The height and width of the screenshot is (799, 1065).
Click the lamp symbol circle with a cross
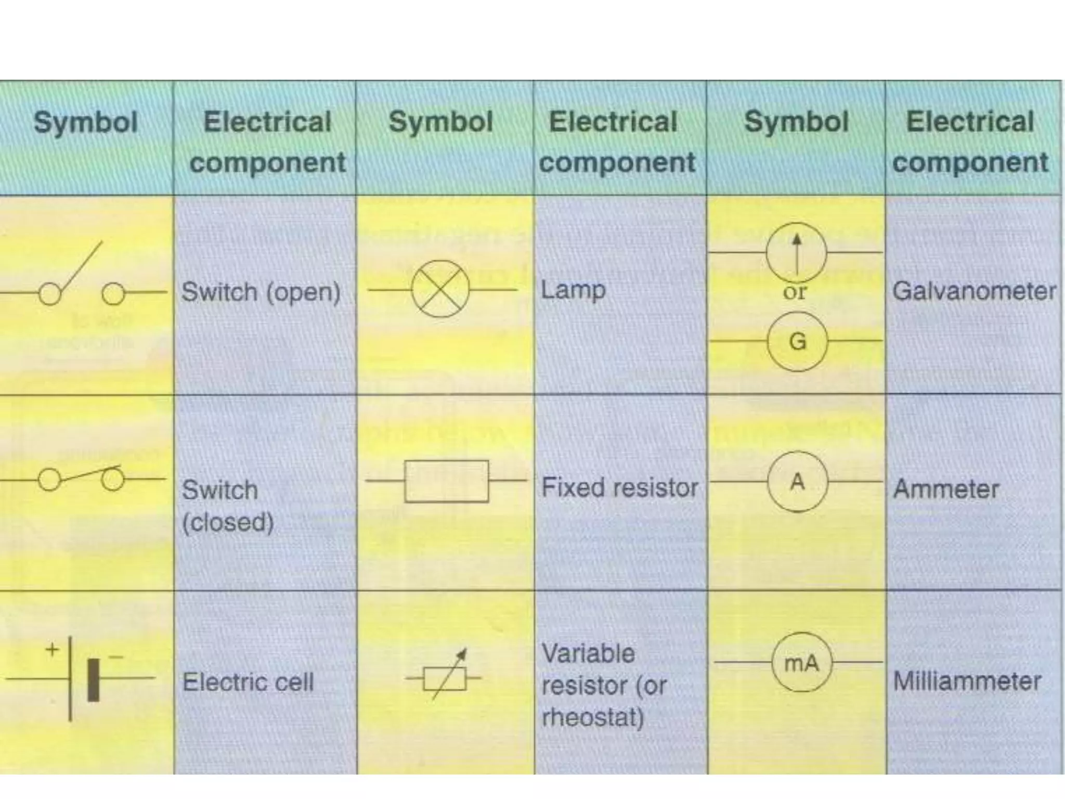pyautogui.click(x=440, y=289)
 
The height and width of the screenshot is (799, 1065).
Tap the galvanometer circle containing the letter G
pyautogui.click(x=797, y=341)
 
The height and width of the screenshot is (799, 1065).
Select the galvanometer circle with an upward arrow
pyautogui.click(x=796, y=252)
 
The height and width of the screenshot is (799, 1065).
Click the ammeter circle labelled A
pyautogui.click(x=797, y=482)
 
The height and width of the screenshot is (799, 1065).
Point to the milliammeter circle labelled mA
pyautogui.click(x=801, y=662)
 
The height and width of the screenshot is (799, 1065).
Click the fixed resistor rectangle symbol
pyautogui.click(x=446, y=481)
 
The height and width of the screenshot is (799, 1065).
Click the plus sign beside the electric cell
pyautogui.click(x=52, y=650)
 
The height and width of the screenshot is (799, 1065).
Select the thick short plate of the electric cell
pyautogui.click(x=93, y=680)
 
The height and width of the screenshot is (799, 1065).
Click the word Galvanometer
pyautogui.click(x=974, y=291)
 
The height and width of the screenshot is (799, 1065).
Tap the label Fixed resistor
pyautogui.click(x=619, y=487)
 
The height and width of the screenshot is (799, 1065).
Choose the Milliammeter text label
pyautogui.click(x=967, y=681)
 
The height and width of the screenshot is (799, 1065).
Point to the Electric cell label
pyautogui.click(x=248, y=682)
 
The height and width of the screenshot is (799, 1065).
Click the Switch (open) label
pyautogui.click(x=261, y=292)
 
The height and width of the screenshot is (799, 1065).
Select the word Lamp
pyautogui.click(x=573, y=290)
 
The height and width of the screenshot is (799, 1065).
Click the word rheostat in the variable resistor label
pyautogui.click(x=592, y=717)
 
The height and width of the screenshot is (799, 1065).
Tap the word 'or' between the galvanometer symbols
pyautogui.click(x=795, y=292)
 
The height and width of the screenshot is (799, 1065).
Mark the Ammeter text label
pyautogui.click(x=946, y=489)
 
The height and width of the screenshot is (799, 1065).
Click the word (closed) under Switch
pyautogui.click(x=228, y=522)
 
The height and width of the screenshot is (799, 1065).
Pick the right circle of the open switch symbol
pyautogui.click(x=113, y=294)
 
